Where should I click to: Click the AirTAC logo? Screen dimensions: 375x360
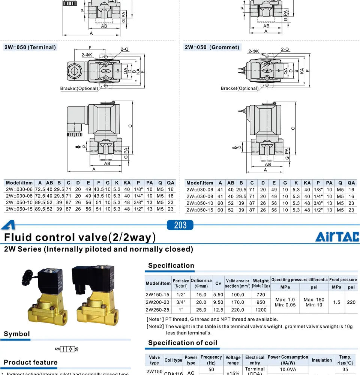click(x=337, y=237)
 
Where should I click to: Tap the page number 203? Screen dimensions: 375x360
click(x=180, y=225)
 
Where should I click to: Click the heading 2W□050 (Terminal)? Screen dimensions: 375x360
click(x=30, y=47)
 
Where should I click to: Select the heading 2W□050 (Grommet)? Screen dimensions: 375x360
click(x=211, y=47)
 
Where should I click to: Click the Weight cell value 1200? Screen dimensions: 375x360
click(x=261, y=310)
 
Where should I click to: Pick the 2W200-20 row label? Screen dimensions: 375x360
click(x=157, y=302)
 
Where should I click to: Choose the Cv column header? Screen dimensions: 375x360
click(x=218, y=283)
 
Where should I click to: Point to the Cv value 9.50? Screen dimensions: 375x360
click(x=218, y=302)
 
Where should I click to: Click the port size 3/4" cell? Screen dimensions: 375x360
click(x=180, y=302)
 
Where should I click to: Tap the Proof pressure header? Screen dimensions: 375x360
click(x=343, y=280)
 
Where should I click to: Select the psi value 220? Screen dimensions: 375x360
click(x=351, y=302)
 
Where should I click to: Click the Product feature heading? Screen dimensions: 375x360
click(x=30, y=362)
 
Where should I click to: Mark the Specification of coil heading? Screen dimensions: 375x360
click(x=183, y=343)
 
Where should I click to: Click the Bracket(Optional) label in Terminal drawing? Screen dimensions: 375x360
click(x=79, y=88)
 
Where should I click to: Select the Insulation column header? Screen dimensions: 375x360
click(x=322, y=360)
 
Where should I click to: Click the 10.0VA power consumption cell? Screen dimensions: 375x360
click(x=288, y=369)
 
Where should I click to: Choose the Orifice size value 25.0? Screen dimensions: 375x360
click(x=201, y=310)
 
